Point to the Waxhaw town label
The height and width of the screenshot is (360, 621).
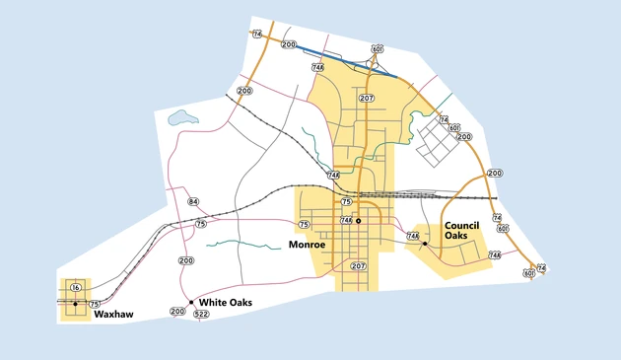(113, 316)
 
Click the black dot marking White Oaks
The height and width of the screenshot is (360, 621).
(191, 302)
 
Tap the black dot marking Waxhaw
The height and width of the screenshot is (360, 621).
(75, 304)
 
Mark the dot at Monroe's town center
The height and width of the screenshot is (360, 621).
(359, 221)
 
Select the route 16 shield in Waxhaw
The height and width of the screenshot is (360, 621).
(76, 287)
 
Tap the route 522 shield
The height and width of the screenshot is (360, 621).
(202, 314)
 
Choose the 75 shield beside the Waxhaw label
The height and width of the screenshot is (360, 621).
(95, 304)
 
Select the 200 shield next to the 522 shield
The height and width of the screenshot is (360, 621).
(177, 312)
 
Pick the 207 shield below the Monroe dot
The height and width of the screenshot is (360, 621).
(358, 265)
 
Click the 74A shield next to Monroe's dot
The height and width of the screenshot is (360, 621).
(346, 220)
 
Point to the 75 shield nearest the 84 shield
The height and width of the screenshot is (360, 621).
(201, 224)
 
